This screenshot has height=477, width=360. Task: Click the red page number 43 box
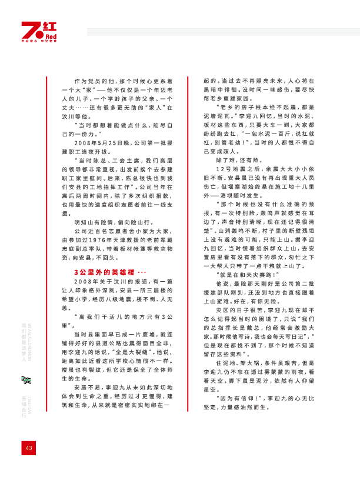coord(28,448)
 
